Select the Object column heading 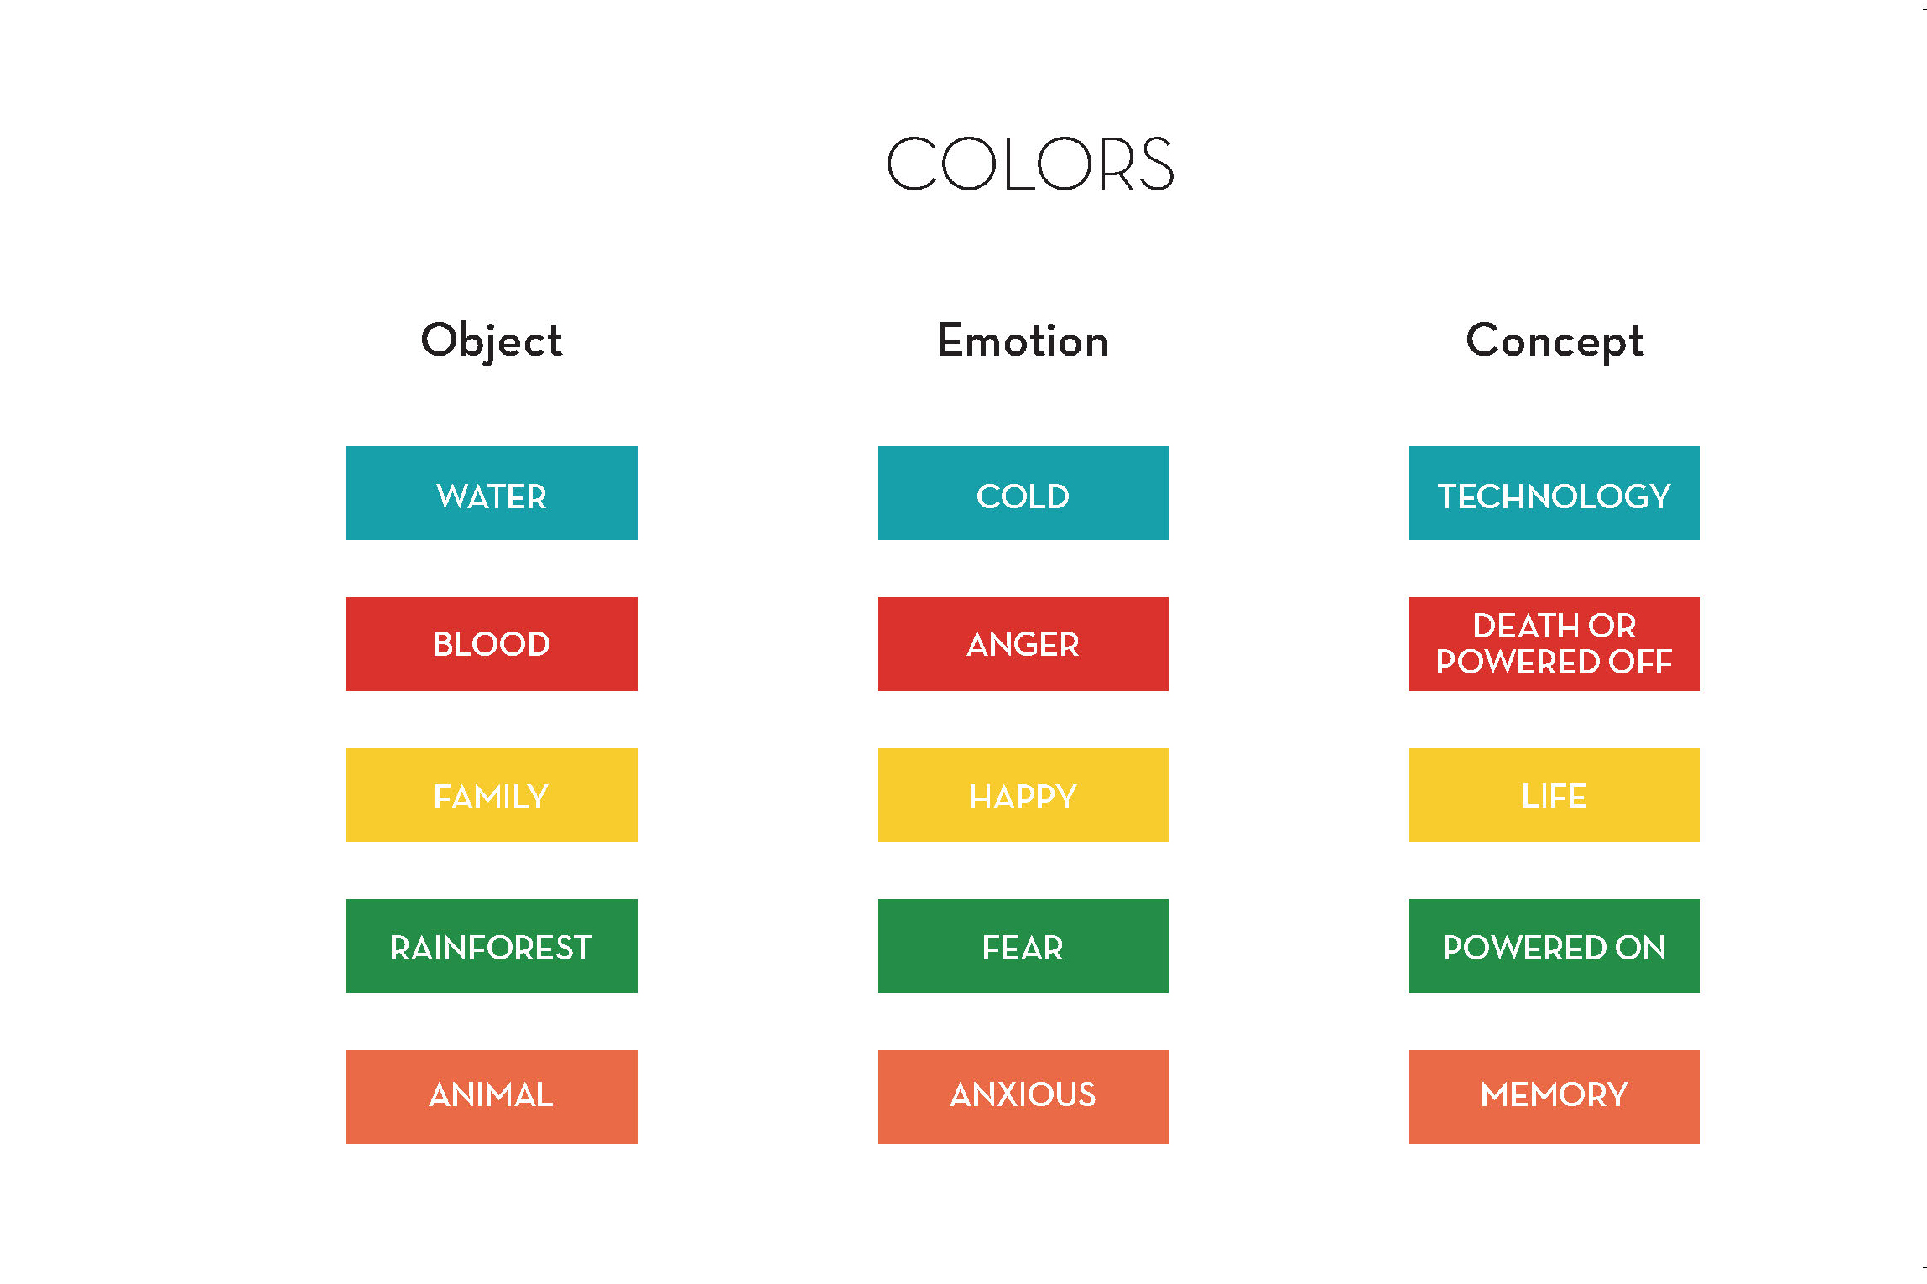pos(492,340)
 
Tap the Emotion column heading pos(1023,340)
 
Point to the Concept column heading pos(1555,340)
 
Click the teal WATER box pos(492,493)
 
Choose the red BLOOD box pos(492,644)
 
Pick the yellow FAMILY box pos(492,795)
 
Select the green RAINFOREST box pos(492,946)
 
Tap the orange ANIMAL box pos(492,1097)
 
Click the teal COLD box pos(1023,493)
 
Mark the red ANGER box pos(1023,644)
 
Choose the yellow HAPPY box pos(1023,795)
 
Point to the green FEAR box pos(1023,946)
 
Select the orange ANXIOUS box pos(1023,1097)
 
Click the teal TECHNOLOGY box pos(1555,493)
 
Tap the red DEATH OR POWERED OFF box pos(1555,644)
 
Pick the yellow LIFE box pos(1555,795)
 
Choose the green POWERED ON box pos(1555,946)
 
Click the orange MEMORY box pos(1555,1097)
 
